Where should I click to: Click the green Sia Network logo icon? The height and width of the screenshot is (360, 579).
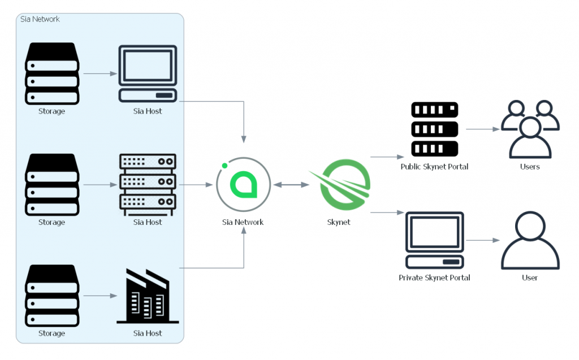pyautogui.click(x=243, y=185)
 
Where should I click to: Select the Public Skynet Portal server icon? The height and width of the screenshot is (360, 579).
pyautogui.click(x=434, y=129)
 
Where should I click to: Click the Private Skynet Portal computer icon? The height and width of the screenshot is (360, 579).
pyautogui.click(x=434, y=240)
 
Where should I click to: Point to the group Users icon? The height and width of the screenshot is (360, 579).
pyautogui.click(x=530, y=129)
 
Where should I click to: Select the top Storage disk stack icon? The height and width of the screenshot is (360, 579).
pyautogui.click(x=51, y=73)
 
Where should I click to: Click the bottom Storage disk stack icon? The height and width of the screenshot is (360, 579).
pyautogui.click(x=51, y=296)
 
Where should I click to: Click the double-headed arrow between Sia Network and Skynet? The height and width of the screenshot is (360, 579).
pyautogui.click(x=291, y=185)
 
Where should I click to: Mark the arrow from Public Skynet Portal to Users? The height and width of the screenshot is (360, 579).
pyautogui.click(x=482, y=129)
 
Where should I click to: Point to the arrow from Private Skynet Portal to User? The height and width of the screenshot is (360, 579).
pyautogui.click(x=482, y=240)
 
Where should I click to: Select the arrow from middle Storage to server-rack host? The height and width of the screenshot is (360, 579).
pyautogui.click(x=100, y=185)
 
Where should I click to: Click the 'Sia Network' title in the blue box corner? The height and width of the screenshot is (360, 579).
pyautogui.click(x=40, y=19)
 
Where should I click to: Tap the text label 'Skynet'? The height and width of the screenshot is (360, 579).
pyautogui.click(x=339, y=222)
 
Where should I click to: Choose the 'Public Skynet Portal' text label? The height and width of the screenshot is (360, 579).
pyautogui.click(x=434, y=167)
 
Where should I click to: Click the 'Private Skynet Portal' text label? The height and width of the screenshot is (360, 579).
pyautogui.click(x=434, y=277)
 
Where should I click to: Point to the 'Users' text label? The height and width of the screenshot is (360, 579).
pyautogui.click(x=530, y=167)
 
